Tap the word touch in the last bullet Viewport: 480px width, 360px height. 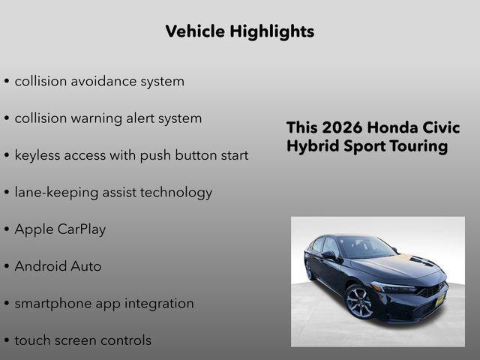coord(34,340)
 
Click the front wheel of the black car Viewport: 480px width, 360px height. coord(359,301)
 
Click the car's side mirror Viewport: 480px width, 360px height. coord(328,256)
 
